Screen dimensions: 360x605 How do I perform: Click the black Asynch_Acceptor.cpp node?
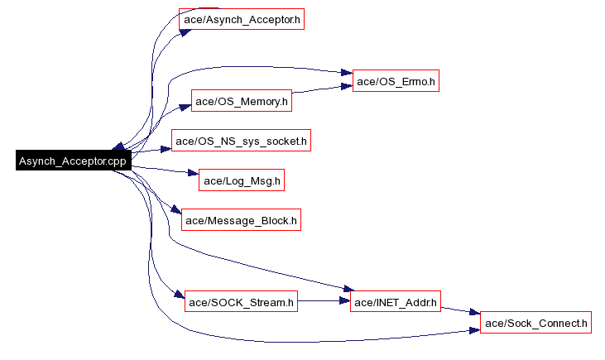(72, 161)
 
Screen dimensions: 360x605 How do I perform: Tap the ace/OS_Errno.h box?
(396, 81)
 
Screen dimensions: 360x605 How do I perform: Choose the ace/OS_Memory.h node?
(242, 102)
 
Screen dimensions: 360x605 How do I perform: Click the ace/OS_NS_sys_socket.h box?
(241, 142)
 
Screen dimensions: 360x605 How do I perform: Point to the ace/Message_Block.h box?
(241, 220)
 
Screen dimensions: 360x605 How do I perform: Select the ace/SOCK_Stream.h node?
(241, 303)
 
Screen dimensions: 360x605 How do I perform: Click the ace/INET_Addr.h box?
(396, 303)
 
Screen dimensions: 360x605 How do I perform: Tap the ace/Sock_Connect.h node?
(535, 323)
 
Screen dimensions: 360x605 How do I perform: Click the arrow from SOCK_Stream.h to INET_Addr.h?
(323, 303)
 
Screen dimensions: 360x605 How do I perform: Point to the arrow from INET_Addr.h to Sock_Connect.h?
(460, 312)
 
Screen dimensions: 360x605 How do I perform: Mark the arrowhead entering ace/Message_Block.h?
(175, 211)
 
